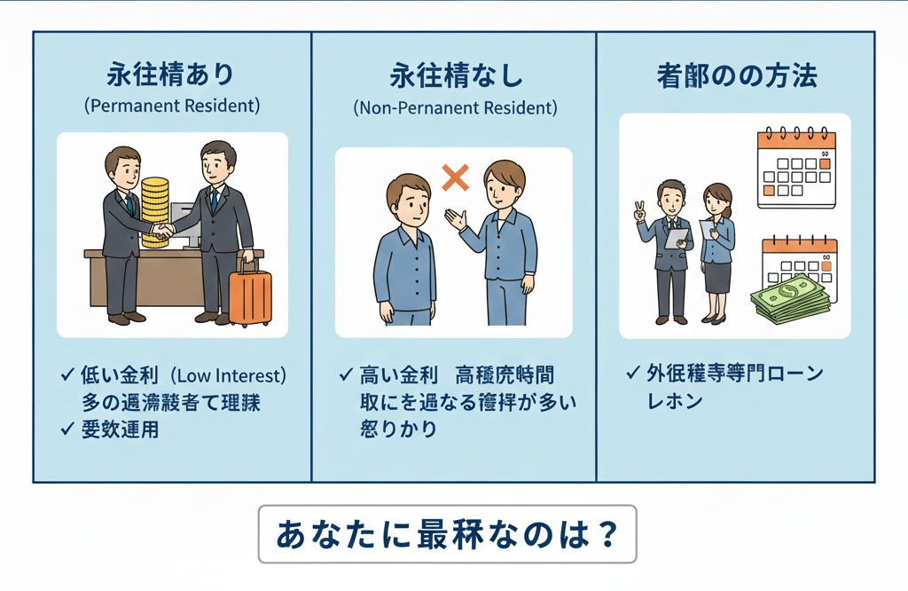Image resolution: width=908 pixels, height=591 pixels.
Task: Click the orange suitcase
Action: click(250, 296)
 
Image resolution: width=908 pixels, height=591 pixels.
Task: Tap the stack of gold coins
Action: click(155, 211)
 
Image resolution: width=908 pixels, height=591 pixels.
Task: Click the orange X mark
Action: click(455, 177)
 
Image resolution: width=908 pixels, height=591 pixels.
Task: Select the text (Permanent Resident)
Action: click(172, 106)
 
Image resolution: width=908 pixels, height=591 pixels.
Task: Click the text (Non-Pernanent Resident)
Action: click(455, 108)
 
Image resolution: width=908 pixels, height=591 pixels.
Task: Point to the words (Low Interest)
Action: click(233, 375)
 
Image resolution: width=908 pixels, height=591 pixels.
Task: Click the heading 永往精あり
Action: click(172, 75)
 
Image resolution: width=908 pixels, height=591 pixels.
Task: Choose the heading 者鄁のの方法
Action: click(737, 76)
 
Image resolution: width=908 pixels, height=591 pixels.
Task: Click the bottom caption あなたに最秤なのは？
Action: click(447, 534)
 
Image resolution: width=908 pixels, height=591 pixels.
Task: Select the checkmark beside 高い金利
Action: click(346, 375)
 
